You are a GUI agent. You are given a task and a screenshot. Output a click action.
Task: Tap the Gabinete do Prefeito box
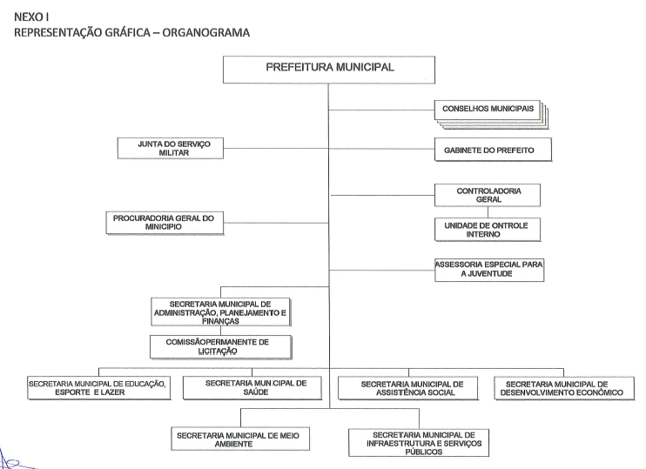coord(488,151)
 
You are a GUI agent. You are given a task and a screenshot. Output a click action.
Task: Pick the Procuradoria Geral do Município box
coord(163,221)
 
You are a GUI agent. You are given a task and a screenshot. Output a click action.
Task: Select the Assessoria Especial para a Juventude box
coord(489,268)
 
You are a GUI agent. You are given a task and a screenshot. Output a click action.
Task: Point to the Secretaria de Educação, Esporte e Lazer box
coord(98,388)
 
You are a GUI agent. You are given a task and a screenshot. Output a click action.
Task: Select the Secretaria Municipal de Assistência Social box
coord(407,388)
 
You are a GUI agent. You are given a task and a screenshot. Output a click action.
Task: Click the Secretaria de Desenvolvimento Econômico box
coord(564,388)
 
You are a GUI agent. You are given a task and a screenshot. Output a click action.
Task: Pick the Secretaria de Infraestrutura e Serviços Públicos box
coord(417,442)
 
